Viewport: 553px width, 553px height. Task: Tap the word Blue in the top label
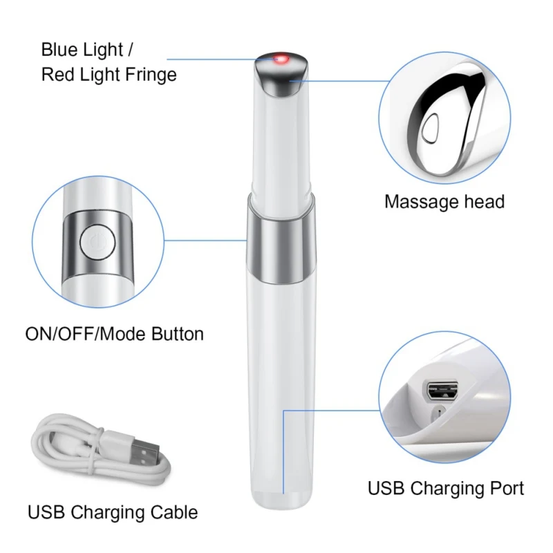pyautogui.click(x=58, y=50)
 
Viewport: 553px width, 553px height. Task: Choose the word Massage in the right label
pyautogui.click(x=418, y=202)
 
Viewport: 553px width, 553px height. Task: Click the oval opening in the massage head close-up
pyautogui.click(x=431, y=128)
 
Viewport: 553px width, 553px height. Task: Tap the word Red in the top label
pyautogui.click(x=57, y=74)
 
